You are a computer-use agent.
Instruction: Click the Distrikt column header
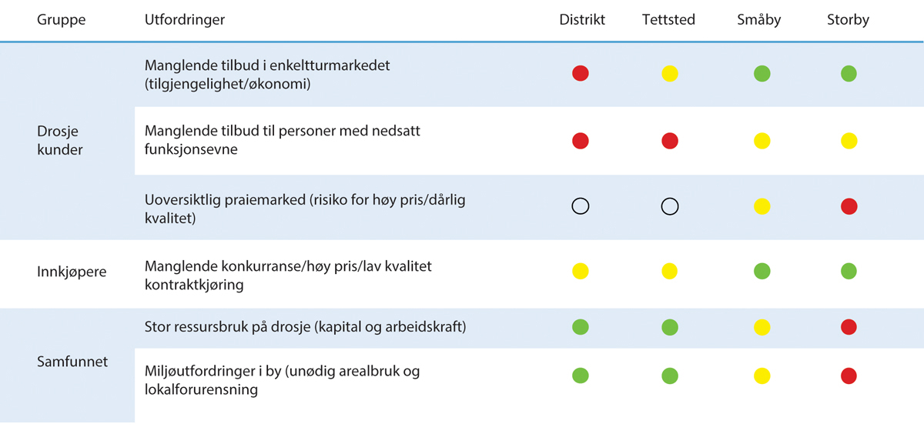582,20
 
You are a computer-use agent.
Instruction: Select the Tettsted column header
668,20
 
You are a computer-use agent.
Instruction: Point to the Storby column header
848,20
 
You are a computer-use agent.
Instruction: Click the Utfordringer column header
185,20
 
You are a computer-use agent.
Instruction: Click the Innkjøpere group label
72,272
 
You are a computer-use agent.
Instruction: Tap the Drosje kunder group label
60,140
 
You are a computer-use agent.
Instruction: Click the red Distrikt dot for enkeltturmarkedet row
581,74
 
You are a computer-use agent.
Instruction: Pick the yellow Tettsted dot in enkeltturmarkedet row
670,74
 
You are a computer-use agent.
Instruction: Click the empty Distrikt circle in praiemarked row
581,206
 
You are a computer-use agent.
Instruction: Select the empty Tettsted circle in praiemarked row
670,206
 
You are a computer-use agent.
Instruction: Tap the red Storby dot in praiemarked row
849,206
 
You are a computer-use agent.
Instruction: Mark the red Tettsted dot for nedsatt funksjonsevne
670,141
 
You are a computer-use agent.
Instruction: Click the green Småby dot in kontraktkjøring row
762,271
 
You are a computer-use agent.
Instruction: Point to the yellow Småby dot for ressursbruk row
762,327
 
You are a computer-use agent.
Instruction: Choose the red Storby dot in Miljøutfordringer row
849,376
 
